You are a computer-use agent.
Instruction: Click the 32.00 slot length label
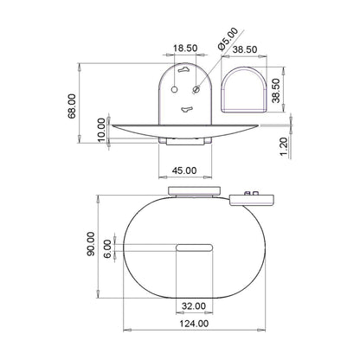point(193,305)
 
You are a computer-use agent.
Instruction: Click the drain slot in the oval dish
point(193,248)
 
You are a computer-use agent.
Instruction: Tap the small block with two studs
point(252,196)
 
